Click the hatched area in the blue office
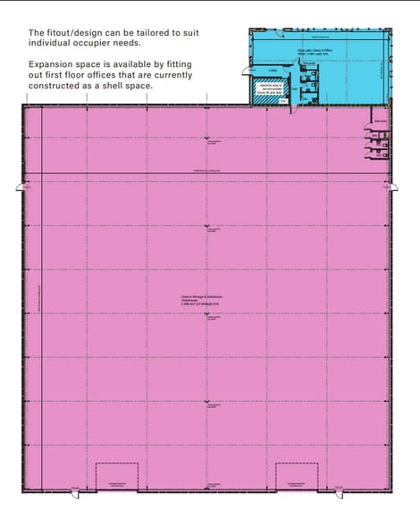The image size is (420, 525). [266, 92]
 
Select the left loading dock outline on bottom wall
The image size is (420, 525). [116, 476]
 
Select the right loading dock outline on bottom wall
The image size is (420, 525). [297, 476]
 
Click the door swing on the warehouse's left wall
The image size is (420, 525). [20, 187]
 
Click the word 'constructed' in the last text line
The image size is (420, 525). [57, 86]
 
